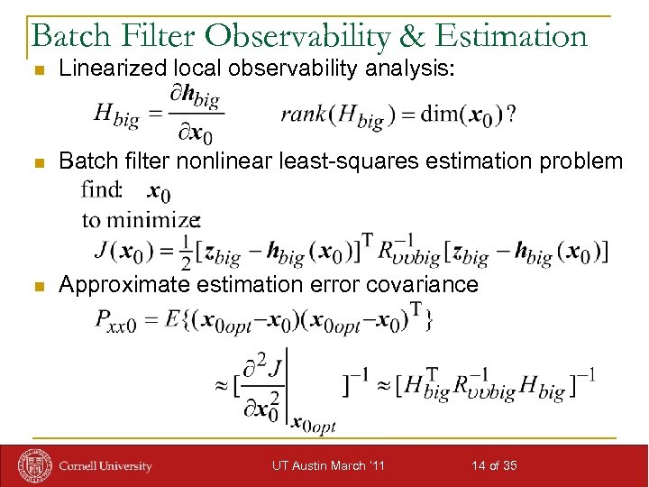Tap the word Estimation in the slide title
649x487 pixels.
point(510,35)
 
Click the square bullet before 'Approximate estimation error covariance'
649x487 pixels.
point(36,287)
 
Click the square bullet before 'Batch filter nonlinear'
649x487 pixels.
point(36,163)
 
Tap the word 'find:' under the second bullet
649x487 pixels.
point(101,190)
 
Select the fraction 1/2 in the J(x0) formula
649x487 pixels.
point(184,252)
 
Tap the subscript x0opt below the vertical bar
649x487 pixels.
point(313,426)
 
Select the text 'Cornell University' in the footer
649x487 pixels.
point(105,466)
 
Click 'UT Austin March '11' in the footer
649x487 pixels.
point(328,465)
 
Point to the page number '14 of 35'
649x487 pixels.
point(494,465)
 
